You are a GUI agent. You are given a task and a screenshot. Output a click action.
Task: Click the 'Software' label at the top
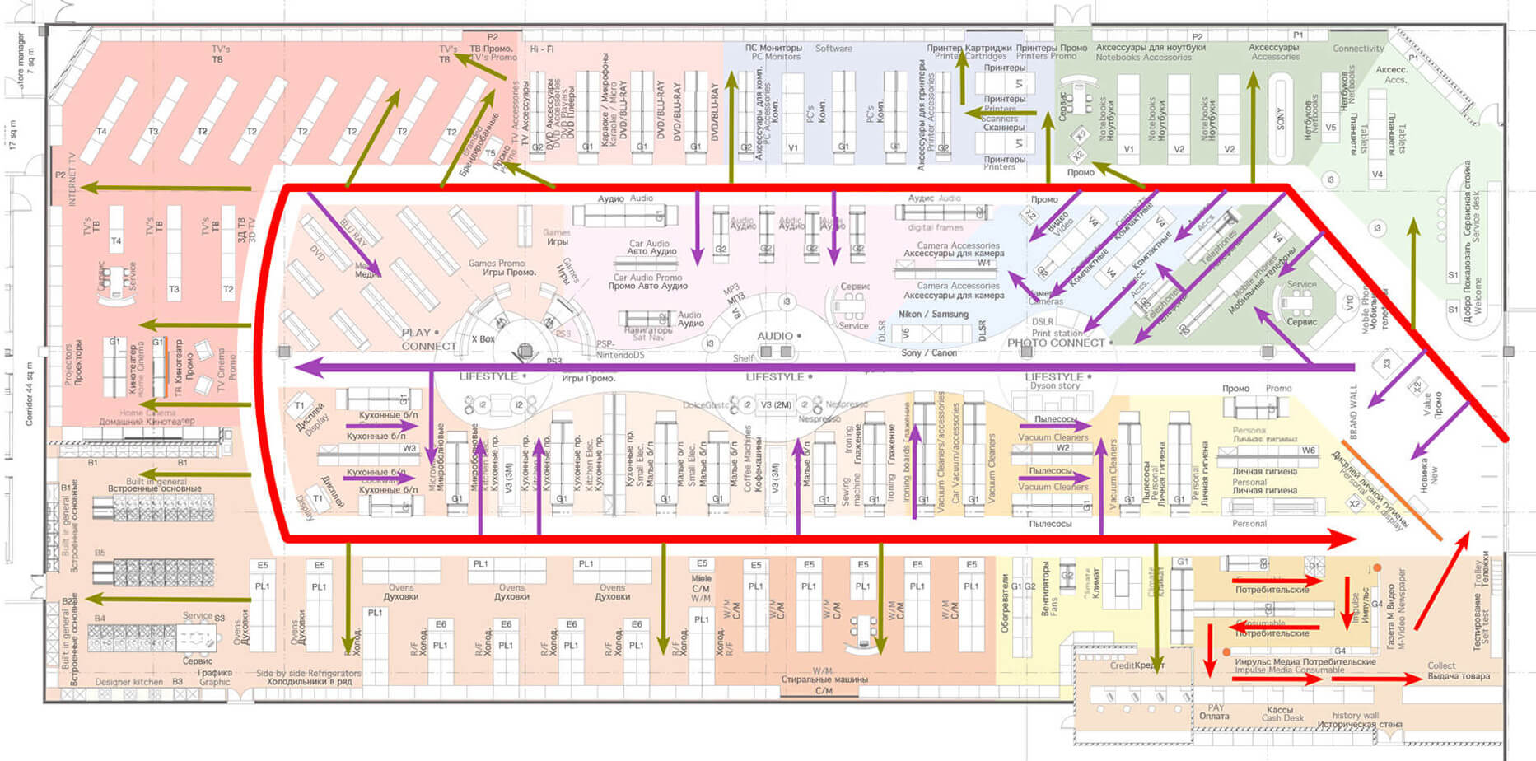pos(833,49)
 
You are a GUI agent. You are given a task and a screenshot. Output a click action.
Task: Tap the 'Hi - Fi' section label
pos(542,49)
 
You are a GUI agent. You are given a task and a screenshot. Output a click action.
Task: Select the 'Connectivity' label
pos(1358,49)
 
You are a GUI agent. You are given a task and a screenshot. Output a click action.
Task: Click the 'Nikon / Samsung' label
pos(933,315)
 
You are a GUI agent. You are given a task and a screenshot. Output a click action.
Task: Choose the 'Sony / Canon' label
pos(929,353)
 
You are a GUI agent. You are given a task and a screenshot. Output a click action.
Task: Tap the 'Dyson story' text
pos(1055,386)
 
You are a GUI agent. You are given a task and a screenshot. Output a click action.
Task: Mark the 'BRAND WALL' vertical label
pos(1353,411)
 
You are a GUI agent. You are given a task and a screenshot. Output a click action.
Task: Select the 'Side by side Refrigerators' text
pos(308,673)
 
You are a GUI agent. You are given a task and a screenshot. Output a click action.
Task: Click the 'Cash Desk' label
pos(1282,718)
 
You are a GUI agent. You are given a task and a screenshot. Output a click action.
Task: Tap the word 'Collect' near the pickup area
pos(1441,665)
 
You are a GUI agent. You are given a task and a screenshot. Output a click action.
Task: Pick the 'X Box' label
pos(483,339)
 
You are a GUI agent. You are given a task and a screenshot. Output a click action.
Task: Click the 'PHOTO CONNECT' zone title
pos(1056,343)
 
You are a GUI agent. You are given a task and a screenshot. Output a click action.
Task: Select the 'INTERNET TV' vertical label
pos(72,179)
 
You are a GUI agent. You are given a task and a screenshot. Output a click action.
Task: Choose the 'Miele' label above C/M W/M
pos(701,579)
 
